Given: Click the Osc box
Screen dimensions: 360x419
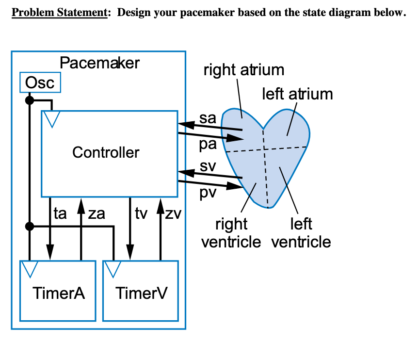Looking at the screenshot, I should [40, 82].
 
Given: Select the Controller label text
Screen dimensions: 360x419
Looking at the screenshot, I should [106, 152].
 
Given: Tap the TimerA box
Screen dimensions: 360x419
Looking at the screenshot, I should [58, 291].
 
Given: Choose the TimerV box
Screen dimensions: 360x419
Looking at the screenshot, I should [141, 291].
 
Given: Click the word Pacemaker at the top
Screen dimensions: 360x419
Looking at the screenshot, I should [99, 63].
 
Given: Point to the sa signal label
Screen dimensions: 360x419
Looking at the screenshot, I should [208, 118].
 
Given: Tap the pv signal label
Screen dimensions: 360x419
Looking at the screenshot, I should [208, 193].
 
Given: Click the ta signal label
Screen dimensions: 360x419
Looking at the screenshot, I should [60, 214].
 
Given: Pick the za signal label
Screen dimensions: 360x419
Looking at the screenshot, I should [97, 214].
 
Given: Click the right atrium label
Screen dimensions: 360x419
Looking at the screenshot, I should [243, 70].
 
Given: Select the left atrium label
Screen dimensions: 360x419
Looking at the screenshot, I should [297, 93].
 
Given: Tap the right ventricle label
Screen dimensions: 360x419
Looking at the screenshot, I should [231, 232].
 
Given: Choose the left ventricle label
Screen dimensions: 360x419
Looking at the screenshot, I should [301, 232].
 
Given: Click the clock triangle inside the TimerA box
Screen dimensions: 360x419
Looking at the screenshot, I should [29, 268].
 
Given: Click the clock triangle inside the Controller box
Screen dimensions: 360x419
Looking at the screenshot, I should [51, 118].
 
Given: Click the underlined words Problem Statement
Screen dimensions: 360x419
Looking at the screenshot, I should [59, 13].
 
